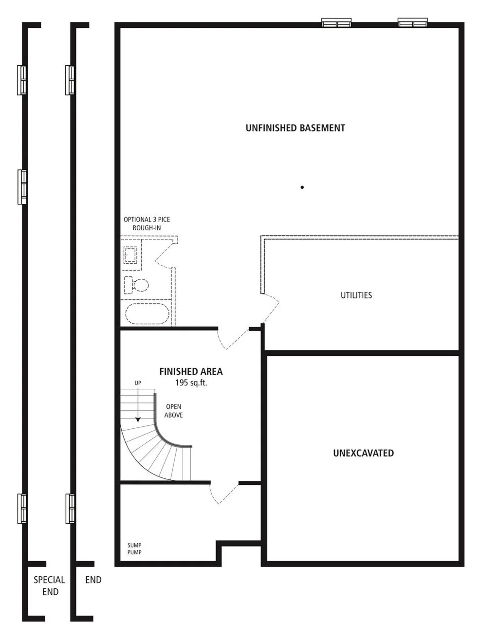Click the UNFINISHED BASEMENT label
tap(295, 128)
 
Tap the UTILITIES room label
tap(356, 295)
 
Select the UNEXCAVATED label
tap(363, 453)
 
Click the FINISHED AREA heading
tap(191, 372)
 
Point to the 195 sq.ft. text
tap(191, 383)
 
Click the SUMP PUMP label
tap(134, 549)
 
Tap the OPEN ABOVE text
tap(173, 411)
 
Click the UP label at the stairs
tap(138, 383)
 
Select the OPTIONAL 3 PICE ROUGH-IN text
tap(147, 224)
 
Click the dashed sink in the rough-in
tap(130, 255)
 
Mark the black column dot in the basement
tap(302, 187)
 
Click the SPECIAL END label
tap(49, 585)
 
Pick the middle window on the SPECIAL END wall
tap(22, 186)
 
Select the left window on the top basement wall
tap(336, 22)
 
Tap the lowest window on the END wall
tap(71, 509)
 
